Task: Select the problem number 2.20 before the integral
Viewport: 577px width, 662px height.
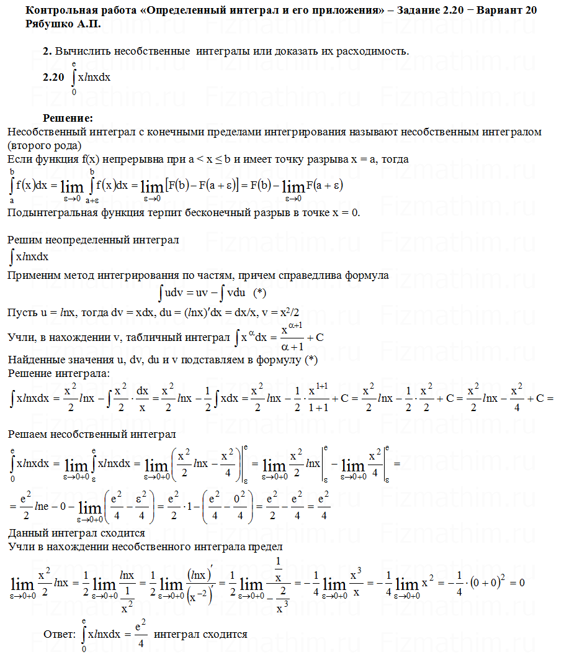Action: [53, 78]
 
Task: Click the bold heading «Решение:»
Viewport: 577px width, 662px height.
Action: [68, 118]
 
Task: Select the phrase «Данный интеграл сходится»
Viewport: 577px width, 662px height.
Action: [76, 533]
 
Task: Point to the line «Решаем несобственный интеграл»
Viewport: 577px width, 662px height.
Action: [91, 433]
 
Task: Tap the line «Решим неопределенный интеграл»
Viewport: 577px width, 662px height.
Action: [93, 239]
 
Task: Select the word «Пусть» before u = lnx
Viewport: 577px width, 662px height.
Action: [20, 311]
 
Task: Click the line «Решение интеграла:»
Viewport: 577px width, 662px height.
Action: [58, 373]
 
